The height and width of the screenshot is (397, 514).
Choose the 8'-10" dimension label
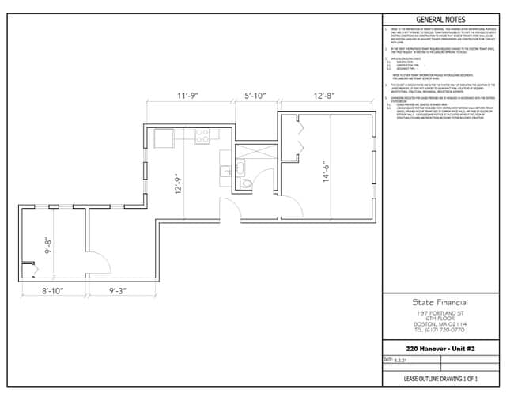[52, 291]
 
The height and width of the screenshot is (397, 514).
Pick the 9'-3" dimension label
[123, 291]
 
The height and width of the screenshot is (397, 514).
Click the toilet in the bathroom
[247, 183]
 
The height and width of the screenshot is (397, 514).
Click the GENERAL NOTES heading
[440, 19]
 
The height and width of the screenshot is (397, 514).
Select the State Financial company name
[440, 302]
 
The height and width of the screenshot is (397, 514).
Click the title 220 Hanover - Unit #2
[440, 349]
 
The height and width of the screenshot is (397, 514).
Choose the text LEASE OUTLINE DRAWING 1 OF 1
[440, 380]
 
